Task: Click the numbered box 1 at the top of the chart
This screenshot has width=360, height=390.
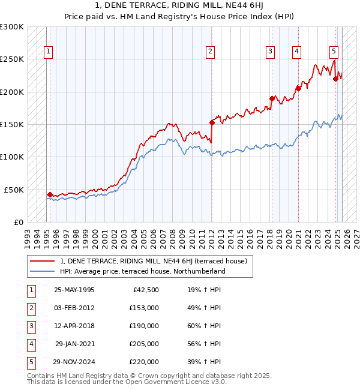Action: [47, 52]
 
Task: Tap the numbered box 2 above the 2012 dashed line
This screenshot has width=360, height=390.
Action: [211, 52]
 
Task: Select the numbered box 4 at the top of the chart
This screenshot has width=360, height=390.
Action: [296, 52]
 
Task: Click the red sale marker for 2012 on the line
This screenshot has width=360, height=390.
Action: [212, 122]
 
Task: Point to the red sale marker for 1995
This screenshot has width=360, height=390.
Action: [50, 194]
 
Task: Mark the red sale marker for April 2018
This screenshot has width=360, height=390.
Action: [272, 98]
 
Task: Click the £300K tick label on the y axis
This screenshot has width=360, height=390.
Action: [12, 27]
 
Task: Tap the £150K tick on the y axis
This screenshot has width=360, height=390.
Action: [12, 124]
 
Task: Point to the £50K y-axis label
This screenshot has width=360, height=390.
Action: [14, 190]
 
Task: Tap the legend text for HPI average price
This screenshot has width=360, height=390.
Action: [142, 271]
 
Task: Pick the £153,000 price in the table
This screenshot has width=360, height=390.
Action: [144, 308]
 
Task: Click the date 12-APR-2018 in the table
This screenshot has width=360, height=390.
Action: [74, 326]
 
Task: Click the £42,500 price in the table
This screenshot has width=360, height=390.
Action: [146, 290]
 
